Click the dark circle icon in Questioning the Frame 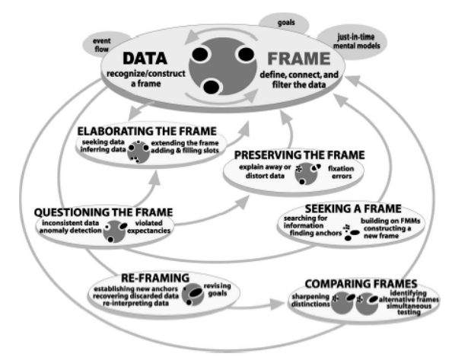(116, 229)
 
